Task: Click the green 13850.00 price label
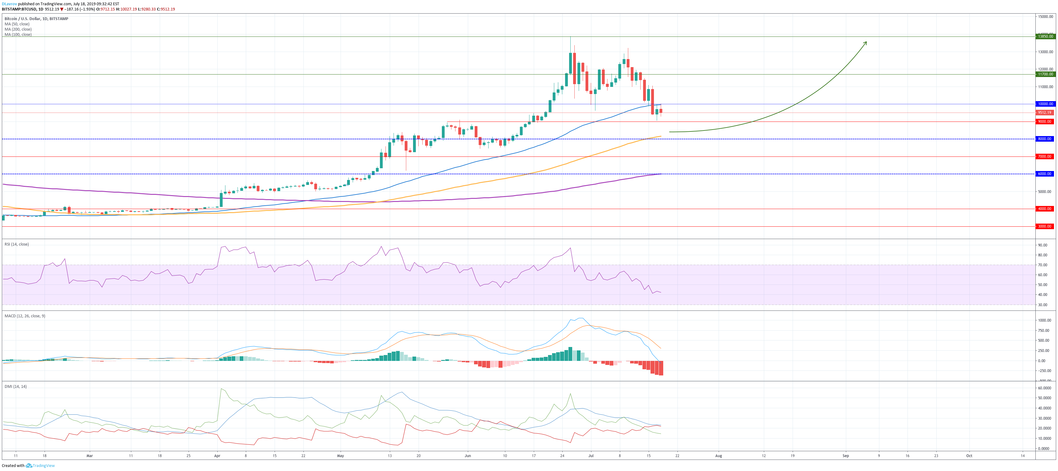(x=1045, y=36)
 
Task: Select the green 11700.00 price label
(x=1045, y=74)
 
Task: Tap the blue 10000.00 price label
(x=1045, y=104)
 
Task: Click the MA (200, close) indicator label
(x=18, y=29)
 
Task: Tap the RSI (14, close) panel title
(x=16, y=244)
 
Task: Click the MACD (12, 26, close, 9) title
(x=25, y=316)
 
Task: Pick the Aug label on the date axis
(x=718, y=456)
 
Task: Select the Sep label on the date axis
(x=846, y=456)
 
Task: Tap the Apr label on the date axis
(x=217, y=456)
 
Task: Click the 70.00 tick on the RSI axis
(x=1043, y=265)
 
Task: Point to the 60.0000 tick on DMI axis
(x=1044, y=388)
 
